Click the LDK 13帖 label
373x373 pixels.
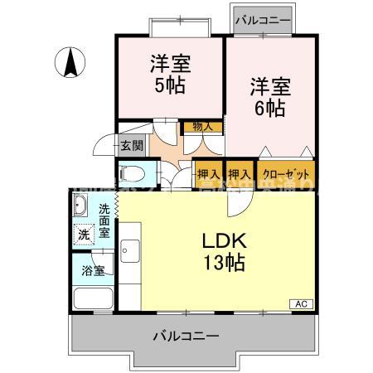point(223,253)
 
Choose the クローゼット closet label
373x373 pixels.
point(286,174)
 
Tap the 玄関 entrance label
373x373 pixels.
point(131,146)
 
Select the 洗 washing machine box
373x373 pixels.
point(83,235)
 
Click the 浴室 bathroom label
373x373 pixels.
point(92,270)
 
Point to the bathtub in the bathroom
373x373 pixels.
point(92,298)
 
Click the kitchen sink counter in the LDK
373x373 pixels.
point(130,249)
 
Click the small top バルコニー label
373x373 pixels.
point(261,18)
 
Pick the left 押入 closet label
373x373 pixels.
point(208,174)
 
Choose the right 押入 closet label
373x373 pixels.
point(240,174)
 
